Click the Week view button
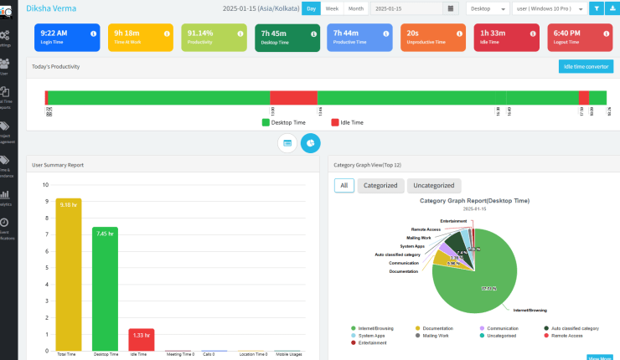tap(332, 8)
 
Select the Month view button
tap(355, 8)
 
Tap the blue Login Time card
tap(67, 37)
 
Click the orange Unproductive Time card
tap(433, 37)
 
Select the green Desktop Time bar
tap(105, 289)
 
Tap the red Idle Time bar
tap(141, 339)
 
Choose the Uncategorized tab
tap(433, 186)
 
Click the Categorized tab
tap(381, 186)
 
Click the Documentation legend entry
tap(437, 327)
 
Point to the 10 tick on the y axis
tap(45, 185)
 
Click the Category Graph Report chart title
tap(473, 201)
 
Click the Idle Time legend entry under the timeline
tap(347, 122)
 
